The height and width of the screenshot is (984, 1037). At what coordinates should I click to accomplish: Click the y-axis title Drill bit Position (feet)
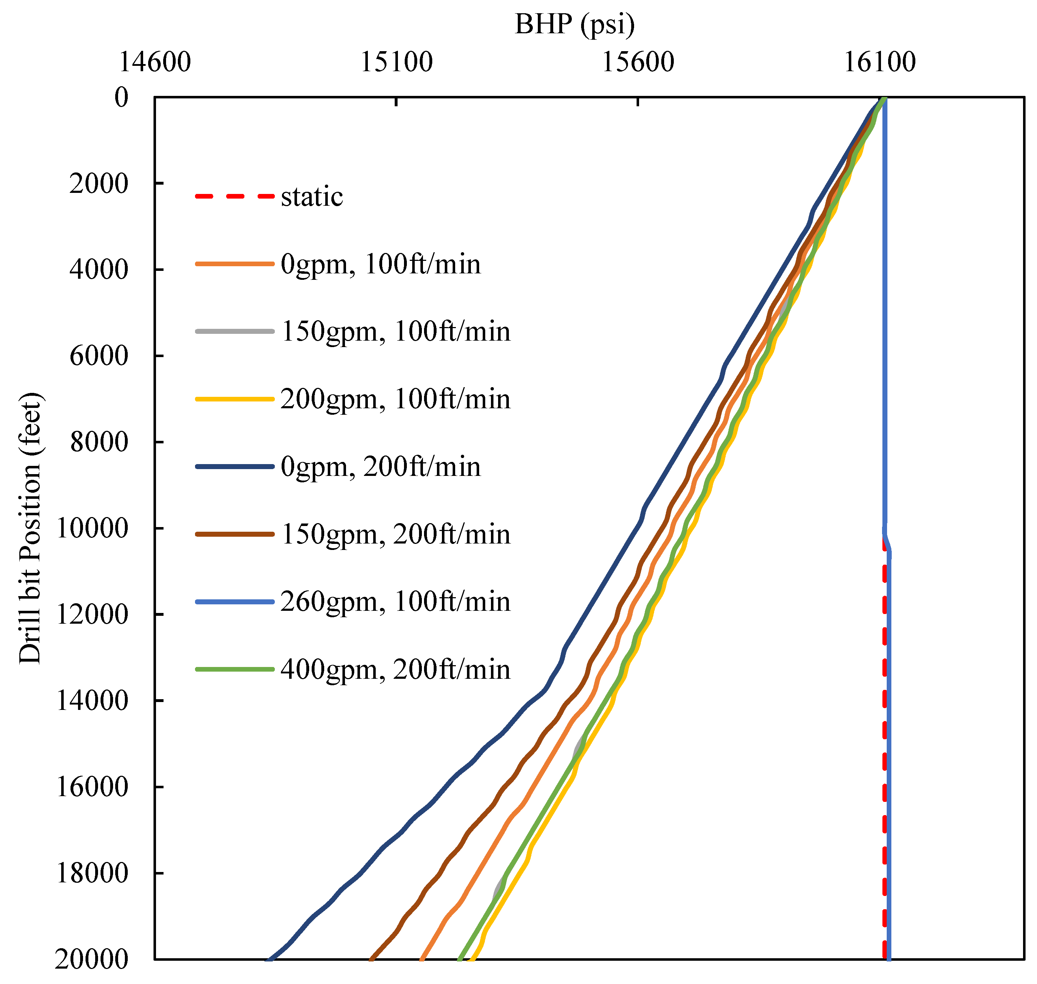click(x=30, y=528)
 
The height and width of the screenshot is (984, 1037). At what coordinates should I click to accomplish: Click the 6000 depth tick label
click(x=99, y=356)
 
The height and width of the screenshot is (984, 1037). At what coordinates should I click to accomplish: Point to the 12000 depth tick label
click(x=92, y=614)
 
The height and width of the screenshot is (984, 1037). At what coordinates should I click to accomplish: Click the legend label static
click(x=312, y=197)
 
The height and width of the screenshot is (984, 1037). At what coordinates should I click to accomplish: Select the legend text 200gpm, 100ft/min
click(x=395, y=399)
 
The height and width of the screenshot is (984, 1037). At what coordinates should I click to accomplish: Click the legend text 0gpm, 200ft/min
click(x=380, y=467)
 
